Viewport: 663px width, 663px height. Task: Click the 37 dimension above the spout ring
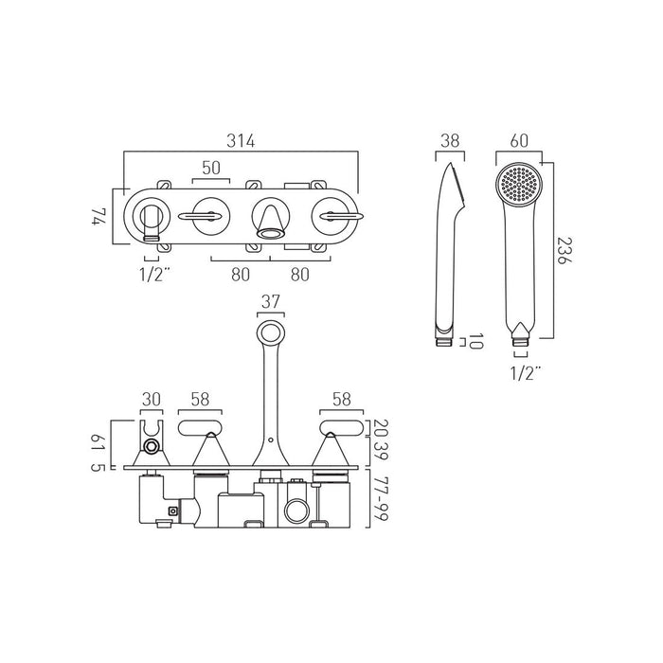coord(270,302)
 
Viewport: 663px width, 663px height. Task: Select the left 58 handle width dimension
coord(201,400)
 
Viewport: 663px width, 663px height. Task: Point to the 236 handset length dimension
coord(564,249)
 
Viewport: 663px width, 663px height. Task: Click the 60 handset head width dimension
coord(518,142)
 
